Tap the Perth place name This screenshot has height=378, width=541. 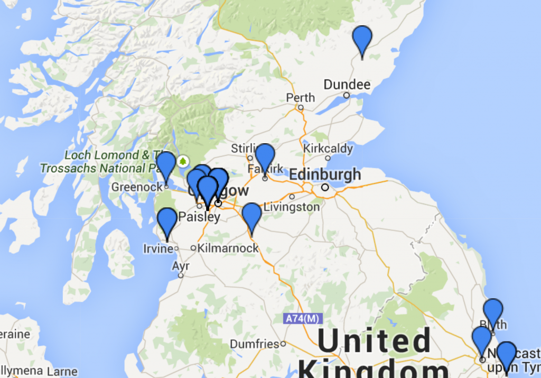(x=300, y=98)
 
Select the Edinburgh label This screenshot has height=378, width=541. (x=325, y=174)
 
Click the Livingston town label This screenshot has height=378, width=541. (x=292, y=207)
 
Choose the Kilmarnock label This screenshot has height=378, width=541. (x=228, y=248)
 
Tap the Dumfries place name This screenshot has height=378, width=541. (x=255, y=344)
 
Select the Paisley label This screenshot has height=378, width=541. (x=199, y=217)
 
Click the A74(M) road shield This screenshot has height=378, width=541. (x=302, y=319)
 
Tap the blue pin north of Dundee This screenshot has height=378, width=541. (x=362, y=39)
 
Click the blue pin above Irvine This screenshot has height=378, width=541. (x=167, y=220)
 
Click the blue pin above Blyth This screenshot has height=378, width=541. (x=493, y=311)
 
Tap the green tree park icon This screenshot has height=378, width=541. (x=183, y=160)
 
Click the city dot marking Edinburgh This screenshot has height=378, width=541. (x=325, y=187)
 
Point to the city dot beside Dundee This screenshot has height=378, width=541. (x=347, y=95)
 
